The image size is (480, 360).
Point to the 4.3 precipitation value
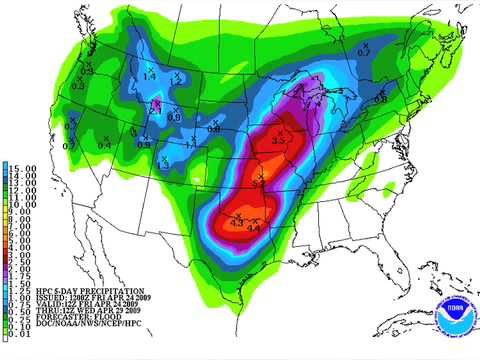coord(237,222)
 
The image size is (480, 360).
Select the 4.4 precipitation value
coord(254,229)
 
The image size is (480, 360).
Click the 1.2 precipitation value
coord(176,81)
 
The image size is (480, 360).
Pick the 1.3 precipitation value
coord(163,165)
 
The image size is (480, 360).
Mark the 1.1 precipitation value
coord(192,146)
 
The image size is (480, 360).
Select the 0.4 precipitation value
coord(104,146)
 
